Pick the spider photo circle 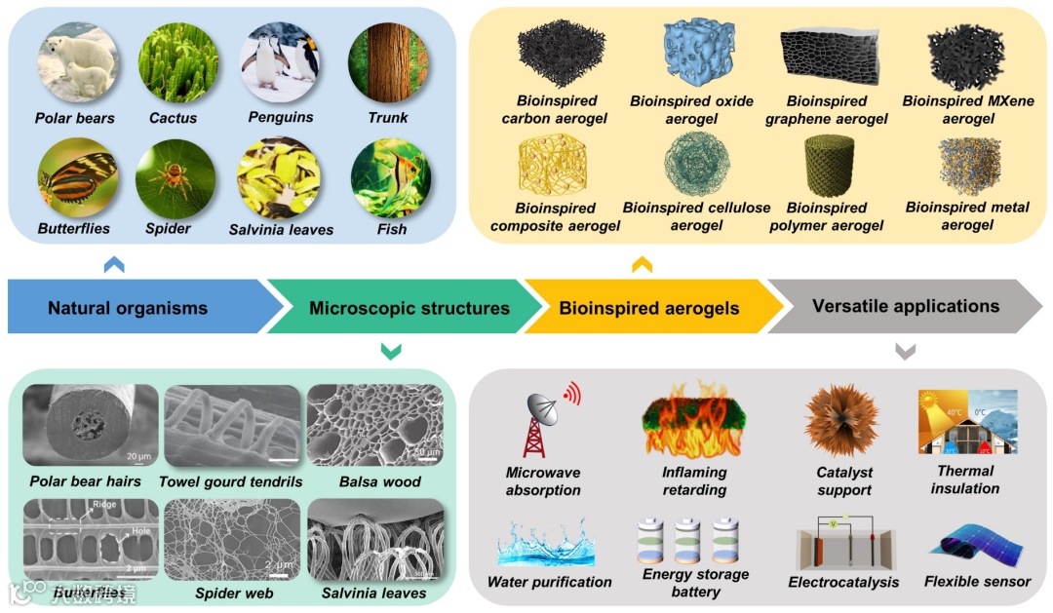(x=175, y=177)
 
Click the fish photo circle (x=390, y=177)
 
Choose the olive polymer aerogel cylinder (x=827, y=166)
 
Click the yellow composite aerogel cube (x=555, y=166)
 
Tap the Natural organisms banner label (x=128, y=308)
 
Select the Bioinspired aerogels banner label (x=648, y=308)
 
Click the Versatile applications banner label (x=906, y=306)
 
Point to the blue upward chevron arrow (x=114, y=263)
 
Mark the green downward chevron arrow (x=390, y=352)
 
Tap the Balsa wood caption (x=379, y=481)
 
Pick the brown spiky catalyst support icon (x=842, y=420)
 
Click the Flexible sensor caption (x=977, y=582)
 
